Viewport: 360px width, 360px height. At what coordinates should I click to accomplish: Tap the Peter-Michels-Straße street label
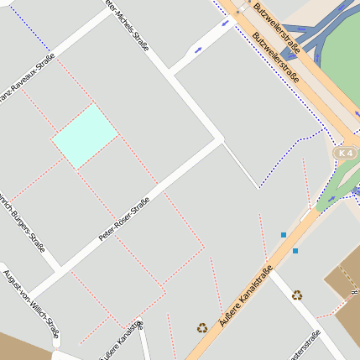126,25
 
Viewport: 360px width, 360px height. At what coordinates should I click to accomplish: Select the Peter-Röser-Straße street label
123,220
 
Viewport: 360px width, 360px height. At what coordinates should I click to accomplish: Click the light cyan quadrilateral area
85,136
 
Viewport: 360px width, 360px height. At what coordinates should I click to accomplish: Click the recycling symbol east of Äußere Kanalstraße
297,295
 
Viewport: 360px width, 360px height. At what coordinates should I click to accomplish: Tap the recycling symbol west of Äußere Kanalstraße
201,328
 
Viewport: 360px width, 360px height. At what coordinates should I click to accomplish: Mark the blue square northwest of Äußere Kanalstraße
284,235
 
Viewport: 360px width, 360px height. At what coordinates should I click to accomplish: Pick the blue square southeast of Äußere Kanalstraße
295,250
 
